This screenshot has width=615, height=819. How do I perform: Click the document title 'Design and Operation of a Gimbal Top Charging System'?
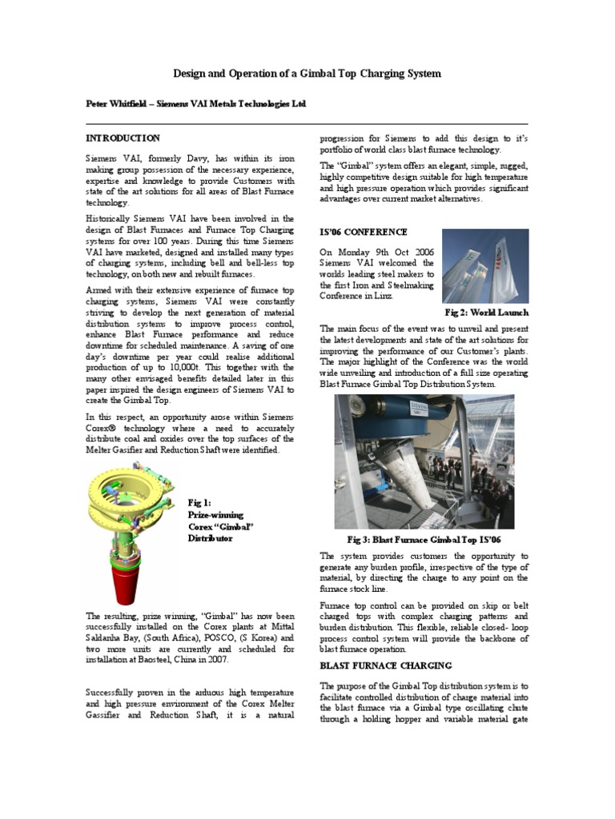(307, 74)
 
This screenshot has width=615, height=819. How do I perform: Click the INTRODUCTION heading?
(123, 138)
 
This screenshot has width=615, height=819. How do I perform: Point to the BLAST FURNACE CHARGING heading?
(386, 665)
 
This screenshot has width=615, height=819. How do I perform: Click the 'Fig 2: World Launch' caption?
(486, 312)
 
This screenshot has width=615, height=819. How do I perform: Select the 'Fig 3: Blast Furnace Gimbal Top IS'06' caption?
(424, 540)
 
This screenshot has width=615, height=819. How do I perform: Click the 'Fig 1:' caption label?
(199, 502)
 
